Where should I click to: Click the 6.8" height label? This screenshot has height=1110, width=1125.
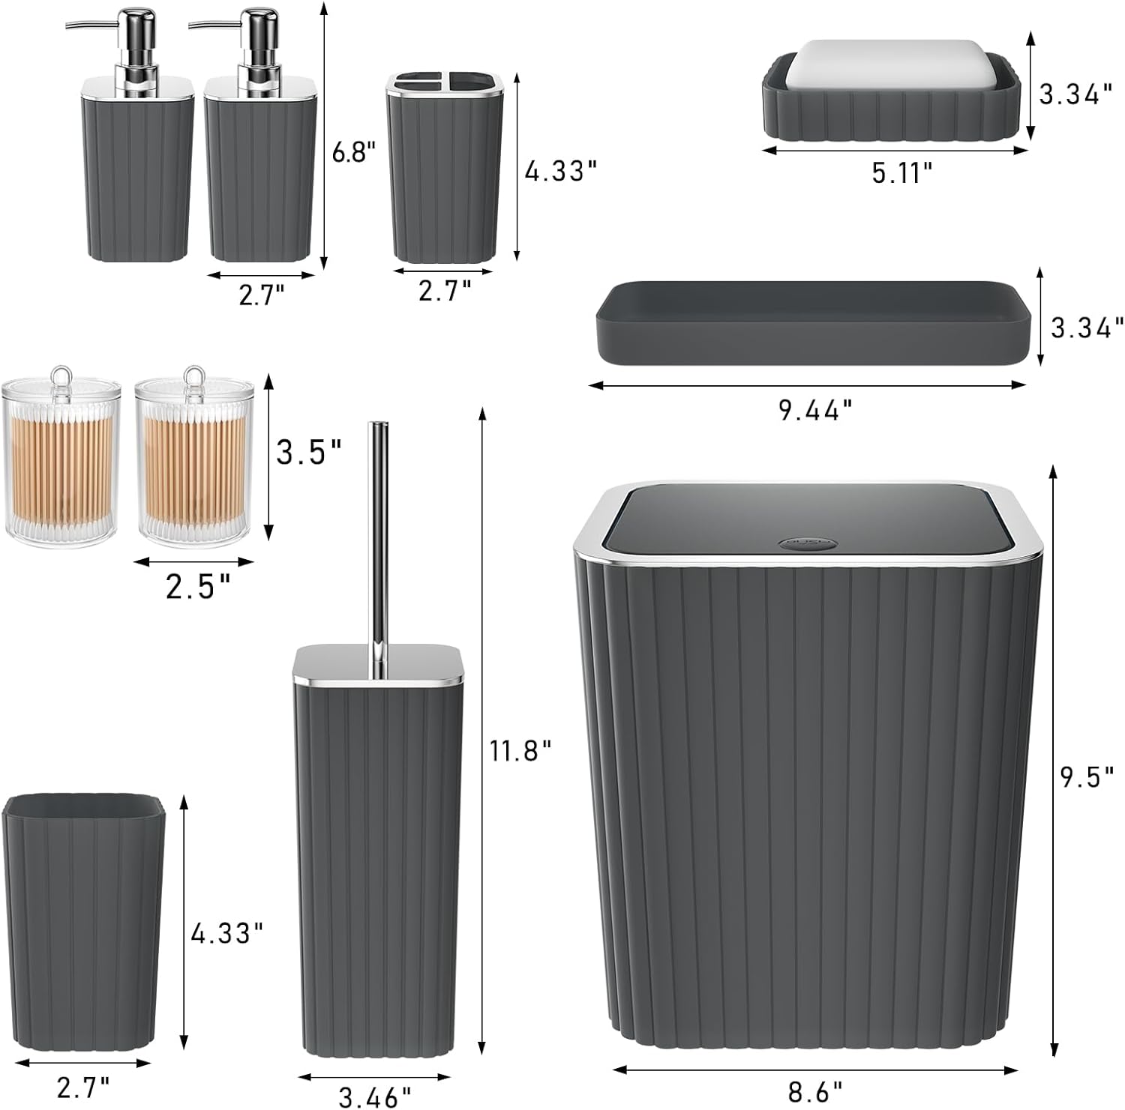(352, 153)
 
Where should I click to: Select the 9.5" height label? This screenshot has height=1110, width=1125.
(1087, 777)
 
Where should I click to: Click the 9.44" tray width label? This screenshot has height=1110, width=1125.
(815, 410)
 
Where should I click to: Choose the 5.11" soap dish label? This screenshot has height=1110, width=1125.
(902, 173)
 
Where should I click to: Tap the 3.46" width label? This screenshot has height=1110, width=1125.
(375, 1097)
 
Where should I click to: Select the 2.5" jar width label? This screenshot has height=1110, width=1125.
(198, 587)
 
